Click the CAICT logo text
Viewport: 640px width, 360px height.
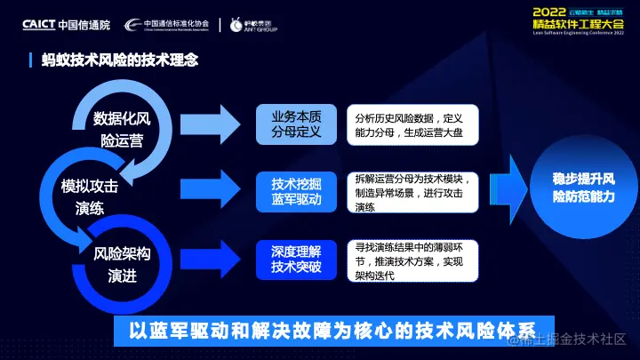click(40, 24)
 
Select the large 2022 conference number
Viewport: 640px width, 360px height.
click(554, 12)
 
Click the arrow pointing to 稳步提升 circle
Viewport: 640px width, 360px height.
click(507, 186)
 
